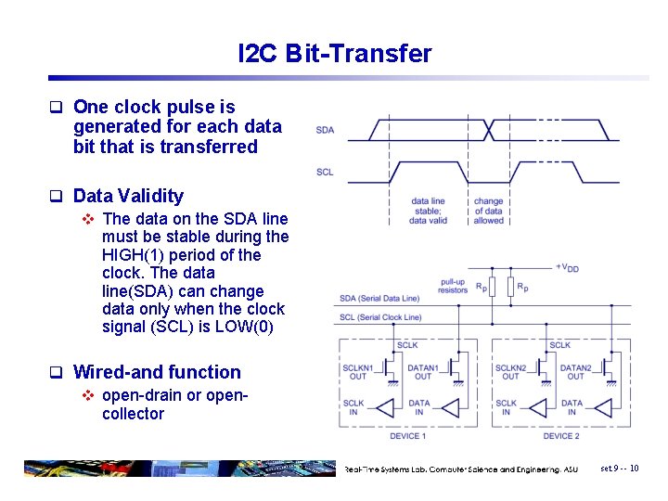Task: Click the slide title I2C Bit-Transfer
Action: click(334, 54)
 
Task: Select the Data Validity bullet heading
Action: click(127, 196)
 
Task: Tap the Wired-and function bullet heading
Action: click(156, 372)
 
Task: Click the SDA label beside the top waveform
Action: click(325, 130)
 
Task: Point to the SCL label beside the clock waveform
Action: click(325, 172)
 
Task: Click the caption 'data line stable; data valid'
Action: click(428, 211)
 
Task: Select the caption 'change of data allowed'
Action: click(488, 211)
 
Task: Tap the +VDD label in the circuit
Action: click(567, 267)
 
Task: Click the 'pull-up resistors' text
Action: click(453, 285)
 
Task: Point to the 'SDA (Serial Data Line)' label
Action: click(380, 298)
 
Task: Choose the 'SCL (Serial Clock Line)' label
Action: click(381, 317)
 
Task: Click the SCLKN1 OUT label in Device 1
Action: click(357, 371)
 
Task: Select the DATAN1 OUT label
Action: click(423, 371)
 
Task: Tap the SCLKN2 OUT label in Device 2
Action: click(510, 371)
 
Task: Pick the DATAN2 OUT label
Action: click(575, 371)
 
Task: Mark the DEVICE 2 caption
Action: click(559, 435)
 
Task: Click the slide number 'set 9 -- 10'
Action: click(619, 469)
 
